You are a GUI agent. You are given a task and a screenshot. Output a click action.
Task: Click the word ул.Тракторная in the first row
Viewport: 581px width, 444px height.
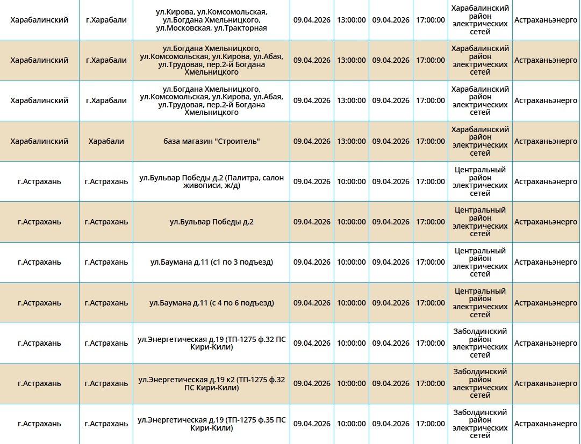pos(239,28)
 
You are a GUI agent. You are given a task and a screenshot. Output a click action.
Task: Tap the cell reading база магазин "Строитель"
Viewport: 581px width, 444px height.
pos(211,141)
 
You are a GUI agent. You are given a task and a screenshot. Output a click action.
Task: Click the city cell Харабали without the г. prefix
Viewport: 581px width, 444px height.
pos(106,141)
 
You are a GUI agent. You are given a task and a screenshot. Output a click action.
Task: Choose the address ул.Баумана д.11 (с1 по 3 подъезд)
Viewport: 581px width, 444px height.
pos(211,262)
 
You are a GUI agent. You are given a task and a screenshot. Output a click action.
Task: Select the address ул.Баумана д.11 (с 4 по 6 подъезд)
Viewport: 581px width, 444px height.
pos(211,303)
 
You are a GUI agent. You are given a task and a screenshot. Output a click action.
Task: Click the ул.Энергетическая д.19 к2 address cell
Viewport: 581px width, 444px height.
pos(211,383)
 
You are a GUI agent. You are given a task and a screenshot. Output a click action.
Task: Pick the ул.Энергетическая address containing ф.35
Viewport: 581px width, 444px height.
pos(211,424)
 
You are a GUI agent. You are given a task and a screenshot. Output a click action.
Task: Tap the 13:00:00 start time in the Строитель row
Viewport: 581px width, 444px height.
pos(351,141)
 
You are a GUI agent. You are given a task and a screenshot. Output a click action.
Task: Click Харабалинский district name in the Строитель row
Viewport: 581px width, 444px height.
pos(39,141)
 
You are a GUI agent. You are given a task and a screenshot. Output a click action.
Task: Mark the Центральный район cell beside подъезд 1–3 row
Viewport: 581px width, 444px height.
pos(480,262)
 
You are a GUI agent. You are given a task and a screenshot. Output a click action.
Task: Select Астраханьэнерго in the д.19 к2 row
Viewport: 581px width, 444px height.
pos(546,383)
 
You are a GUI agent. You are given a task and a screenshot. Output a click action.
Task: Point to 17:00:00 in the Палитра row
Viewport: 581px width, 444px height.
pos(430,181)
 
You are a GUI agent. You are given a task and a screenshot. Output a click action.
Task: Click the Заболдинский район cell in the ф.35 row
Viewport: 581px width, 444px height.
pos(480,424)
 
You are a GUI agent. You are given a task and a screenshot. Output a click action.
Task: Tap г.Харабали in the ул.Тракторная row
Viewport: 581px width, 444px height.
pos(106,20)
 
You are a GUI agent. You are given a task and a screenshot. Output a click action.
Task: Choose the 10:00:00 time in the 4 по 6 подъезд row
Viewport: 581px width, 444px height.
pos(351,303)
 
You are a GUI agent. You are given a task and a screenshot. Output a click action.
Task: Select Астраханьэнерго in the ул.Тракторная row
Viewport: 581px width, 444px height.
pos(546,20)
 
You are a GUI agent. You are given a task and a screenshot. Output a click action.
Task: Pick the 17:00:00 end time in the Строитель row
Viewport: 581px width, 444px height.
pos(430,141)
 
